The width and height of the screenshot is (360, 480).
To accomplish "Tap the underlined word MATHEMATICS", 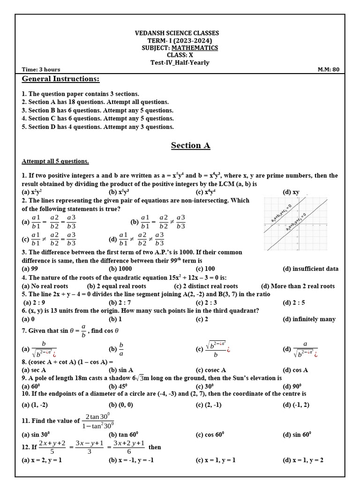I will click(x=194, y=48).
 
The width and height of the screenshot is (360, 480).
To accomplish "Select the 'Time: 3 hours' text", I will click(x=43, y=70).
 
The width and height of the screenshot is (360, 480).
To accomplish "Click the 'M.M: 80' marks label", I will click(x=328, y=70).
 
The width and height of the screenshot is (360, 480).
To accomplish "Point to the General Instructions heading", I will click(x=60, y=79).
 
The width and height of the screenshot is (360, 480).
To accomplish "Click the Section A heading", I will click(x=190, y=145).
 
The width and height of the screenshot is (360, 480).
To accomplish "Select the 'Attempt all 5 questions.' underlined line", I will click(x=55, y=161).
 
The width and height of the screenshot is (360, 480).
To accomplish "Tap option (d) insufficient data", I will click(x=310, y=269).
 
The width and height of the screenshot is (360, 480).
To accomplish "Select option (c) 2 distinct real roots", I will click(x=206, y=286).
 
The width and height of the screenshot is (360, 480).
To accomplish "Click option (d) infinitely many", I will click(x=309, y=319).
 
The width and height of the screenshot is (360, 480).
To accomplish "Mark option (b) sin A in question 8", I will click(x=121, y=370).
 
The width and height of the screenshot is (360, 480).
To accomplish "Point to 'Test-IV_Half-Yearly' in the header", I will click(x=180, y=62).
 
